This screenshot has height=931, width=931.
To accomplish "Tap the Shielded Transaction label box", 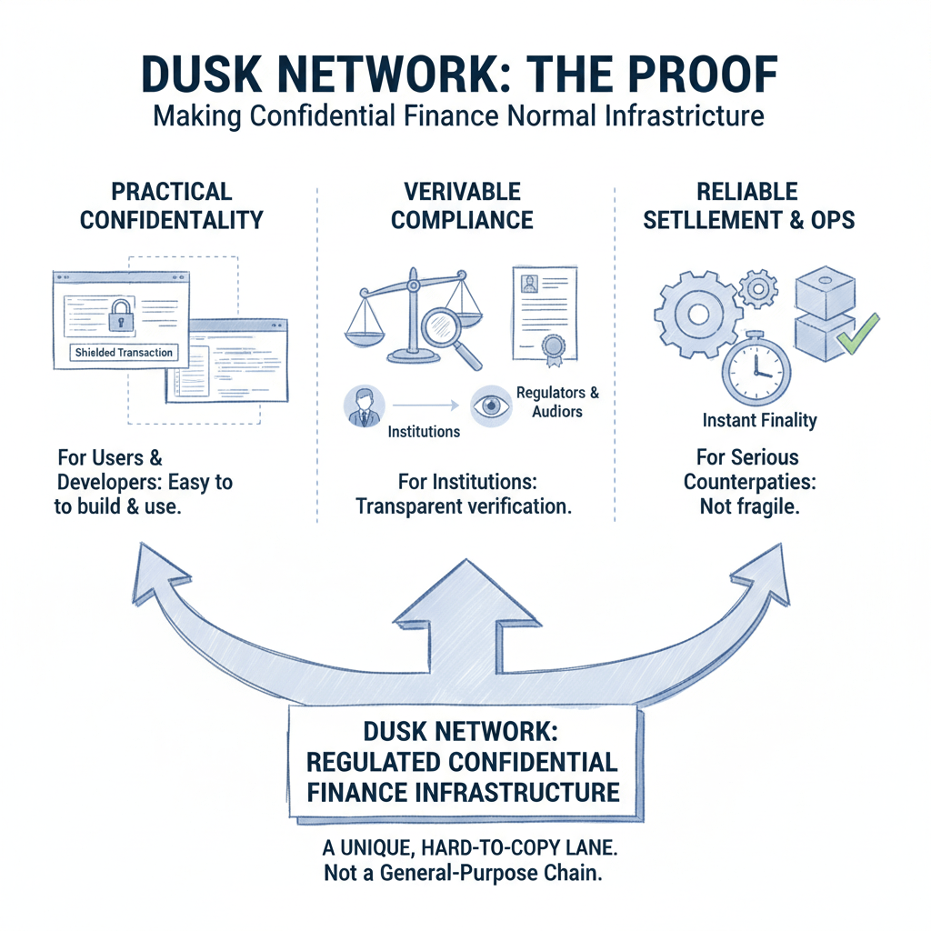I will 124,352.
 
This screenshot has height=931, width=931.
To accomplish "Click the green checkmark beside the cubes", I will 859,331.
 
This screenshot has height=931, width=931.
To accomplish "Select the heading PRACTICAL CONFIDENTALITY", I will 171,205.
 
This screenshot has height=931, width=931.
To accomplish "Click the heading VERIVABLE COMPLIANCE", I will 464,205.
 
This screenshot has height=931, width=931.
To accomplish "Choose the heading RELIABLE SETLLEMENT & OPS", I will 747,205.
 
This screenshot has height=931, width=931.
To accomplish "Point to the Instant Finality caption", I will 759,420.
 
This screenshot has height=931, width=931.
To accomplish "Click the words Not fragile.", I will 749,506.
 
